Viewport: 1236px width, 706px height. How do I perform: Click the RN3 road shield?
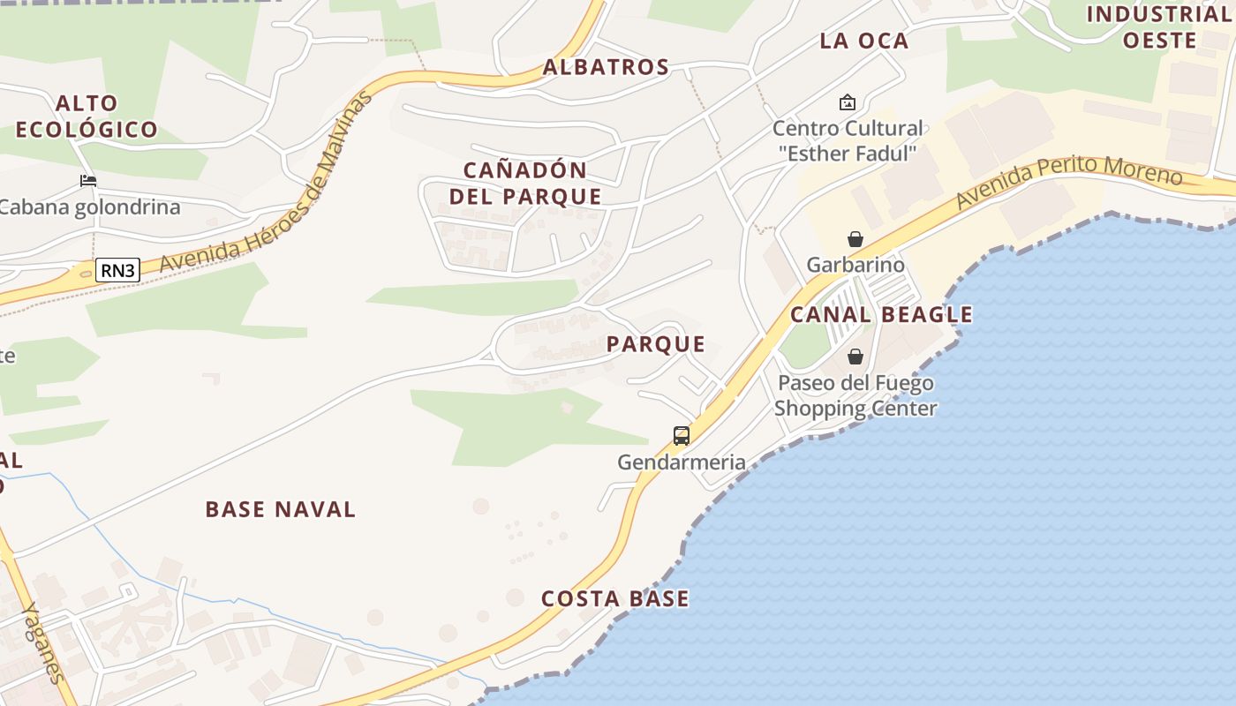pyautogui.click(x=117, y=270)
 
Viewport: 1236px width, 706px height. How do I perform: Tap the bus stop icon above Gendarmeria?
pyautogui.click(x=682, y=435)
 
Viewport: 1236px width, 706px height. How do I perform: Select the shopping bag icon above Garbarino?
pyautogui.click(x=855, y=239)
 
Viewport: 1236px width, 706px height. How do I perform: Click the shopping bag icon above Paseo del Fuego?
pyautogui.click(x=855, y=357)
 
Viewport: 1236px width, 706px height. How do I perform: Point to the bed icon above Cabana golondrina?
pyautogui.click(x=88, y=181)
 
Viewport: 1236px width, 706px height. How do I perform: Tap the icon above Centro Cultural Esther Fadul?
pyautogui.click(x=848, y=102)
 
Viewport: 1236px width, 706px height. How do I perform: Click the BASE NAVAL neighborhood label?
pyautogui.click(x=280, y=509)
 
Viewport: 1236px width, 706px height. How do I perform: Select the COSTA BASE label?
pyautogui.click(x=614, y=598)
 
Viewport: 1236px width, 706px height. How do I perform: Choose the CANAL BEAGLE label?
pyautogui.click(x=881, y=314)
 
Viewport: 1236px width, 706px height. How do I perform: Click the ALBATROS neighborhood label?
pyautogui.click(x=606, y=67)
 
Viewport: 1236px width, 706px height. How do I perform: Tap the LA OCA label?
pyautogui.click(x=863, y=41)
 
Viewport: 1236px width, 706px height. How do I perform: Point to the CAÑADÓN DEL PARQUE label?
pyautogui.click(x=525, y=183)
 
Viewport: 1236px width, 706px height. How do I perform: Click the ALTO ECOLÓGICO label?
pyautogui.click(x=87, y=116)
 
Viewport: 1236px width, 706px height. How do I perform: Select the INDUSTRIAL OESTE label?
pyautogui.click(x=1158, y=27)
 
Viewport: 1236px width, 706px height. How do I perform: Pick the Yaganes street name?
pyautogui.click(x=43, y=642)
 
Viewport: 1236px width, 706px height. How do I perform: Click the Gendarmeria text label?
pyautogui.click(x=681, y=462)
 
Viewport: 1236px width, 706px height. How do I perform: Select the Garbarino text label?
pyautogui.click(x=855, y=265)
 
